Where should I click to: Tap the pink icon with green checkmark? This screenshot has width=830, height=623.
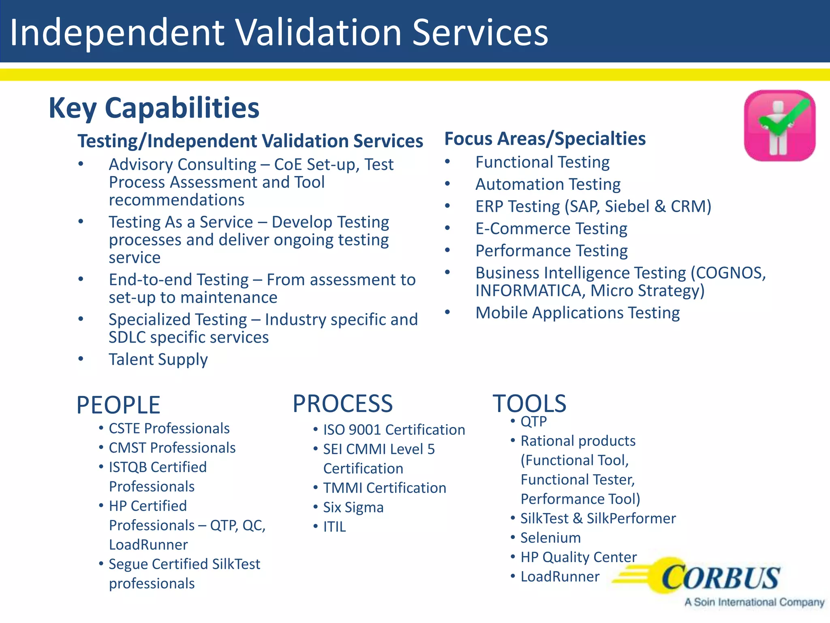coord(779,126)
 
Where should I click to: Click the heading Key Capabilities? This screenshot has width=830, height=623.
coord(154,108)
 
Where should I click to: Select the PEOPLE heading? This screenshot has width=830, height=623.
coord(118,405)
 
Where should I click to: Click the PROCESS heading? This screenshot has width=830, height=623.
coord(342,404)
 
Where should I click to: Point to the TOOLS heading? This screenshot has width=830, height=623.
coord(529,404)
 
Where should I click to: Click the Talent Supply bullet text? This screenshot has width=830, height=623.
coord(158,359)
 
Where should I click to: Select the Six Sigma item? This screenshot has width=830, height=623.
coord(353,507)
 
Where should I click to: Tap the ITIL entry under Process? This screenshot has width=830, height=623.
coord(334,527)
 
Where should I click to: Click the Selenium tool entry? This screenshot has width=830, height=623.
coord(550,538)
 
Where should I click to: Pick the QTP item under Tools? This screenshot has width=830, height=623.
coord(533,421)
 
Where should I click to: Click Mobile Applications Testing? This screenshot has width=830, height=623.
coord(578,313)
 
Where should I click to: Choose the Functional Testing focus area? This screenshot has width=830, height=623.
coord(542,162)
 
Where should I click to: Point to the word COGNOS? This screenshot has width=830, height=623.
coord(728,273)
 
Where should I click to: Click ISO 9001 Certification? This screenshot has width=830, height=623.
coord(394,430)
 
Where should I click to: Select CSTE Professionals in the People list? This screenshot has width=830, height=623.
coord(169,428)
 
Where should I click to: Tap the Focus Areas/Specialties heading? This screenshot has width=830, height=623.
coord(545,139)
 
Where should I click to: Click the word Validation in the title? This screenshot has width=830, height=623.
coord(319,32)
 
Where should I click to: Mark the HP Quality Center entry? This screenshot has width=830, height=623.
coord(578,557)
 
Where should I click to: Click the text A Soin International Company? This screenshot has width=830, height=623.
coord(754,602)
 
